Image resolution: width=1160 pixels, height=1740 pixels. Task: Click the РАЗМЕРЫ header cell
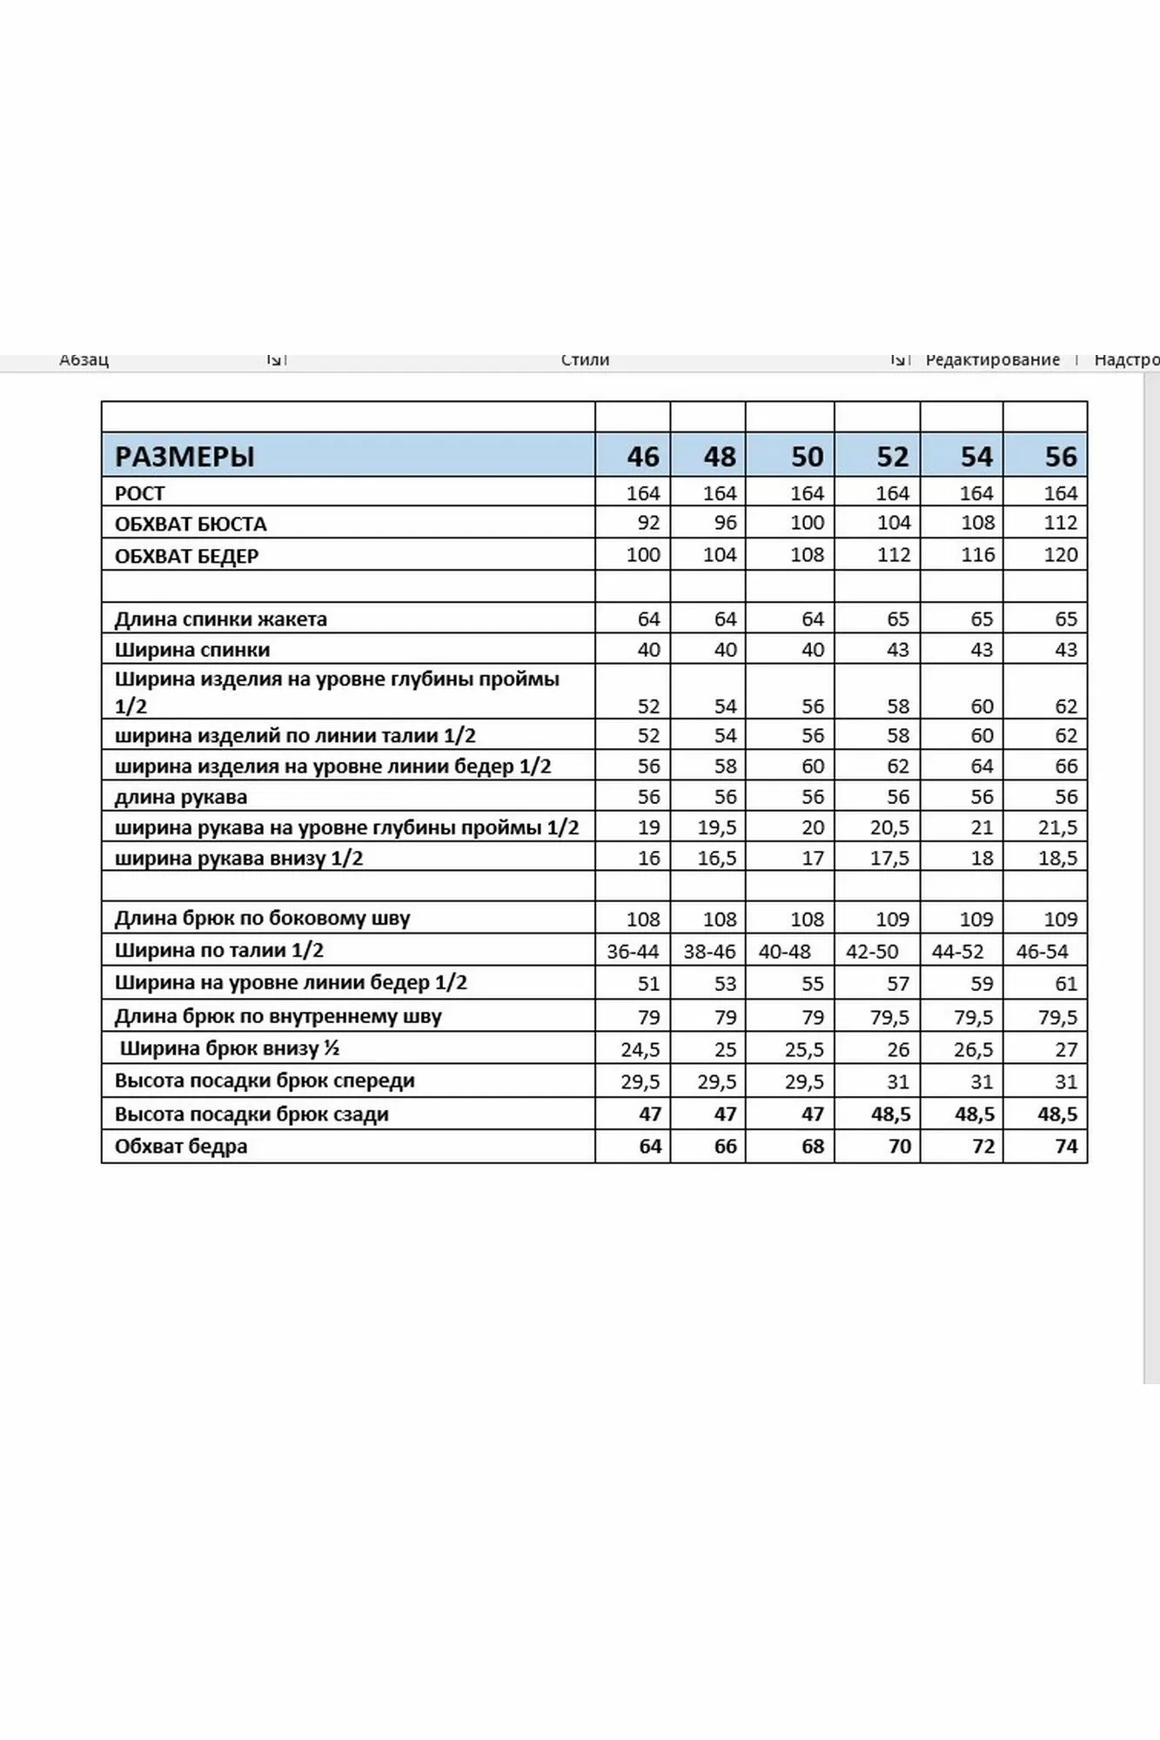click(x=184, y=456)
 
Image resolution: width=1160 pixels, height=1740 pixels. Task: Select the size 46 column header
click(x=643, y=456)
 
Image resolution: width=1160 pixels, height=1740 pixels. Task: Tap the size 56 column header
click(x=1061, y=456)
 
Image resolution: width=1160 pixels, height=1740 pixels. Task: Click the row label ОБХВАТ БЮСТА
click(x=191, y=524)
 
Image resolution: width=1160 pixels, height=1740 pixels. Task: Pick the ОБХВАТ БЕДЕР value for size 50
click(x=807, y=555)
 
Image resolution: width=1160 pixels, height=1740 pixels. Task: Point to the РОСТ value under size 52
click(x=892, y=493)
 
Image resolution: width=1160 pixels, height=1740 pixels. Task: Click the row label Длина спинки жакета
click(x=221, y=619)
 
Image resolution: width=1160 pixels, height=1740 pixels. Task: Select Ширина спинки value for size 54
click(x=981, y=650)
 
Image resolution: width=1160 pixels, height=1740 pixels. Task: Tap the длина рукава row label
click(x=181, y=797)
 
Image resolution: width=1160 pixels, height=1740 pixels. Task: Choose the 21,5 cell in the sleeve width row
click(x=1057, y=827)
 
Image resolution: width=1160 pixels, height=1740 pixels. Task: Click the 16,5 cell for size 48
click(x=717, y=859)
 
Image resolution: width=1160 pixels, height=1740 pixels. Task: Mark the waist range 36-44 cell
click(x=633, y=952)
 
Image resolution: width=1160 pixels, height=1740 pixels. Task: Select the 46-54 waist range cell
click(x=1042, y=952)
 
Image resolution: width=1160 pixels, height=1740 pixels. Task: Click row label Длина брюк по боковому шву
click(x=262, y=918)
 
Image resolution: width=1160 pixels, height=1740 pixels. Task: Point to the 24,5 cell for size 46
click(x=640, y=1050)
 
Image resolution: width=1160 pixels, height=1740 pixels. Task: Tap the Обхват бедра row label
click(x=181, y=1147)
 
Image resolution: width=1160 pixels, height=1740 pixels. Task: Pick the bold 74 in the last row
click(x=1066, y=1147)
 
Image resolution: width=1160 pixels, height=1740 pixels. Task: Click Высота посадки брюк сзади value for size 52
click(x=891, y=1114)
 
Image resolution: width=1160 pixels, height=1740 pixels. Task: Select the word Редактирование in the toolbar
click(x=992, y=359)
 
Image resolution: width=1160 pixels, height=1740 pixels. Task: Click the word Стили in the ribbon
click(x=585, y=359)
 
